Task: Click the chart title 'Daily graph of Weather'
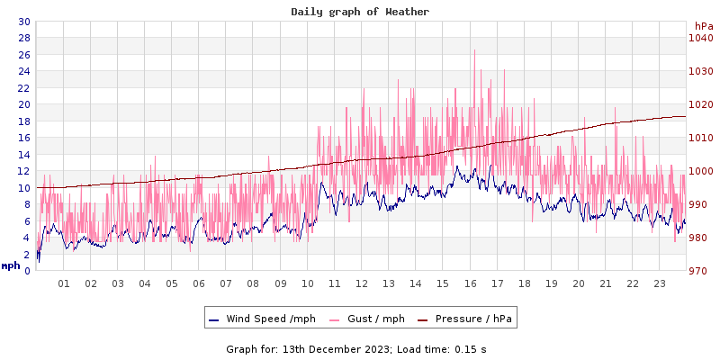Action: coord(360,12)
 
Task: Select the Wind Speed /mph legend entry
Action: coord(263,319)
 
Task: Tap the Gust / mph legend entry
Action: coord(367,319)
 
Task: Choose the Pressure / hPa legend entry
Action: coord(466,319)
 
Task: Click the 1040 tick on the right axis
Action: coord(701,38)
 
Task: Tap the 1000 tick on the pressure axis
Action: coord(701,171)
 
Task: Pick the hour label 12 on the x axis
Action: coord(362,283)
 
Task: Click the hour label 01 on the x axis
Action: coord(64,283)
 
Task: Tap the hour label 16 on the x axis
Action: coord(470,283)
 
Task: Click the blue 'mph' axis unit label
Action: coord(11,265)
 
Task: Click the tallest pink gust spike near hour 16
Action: coord(474,51)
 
